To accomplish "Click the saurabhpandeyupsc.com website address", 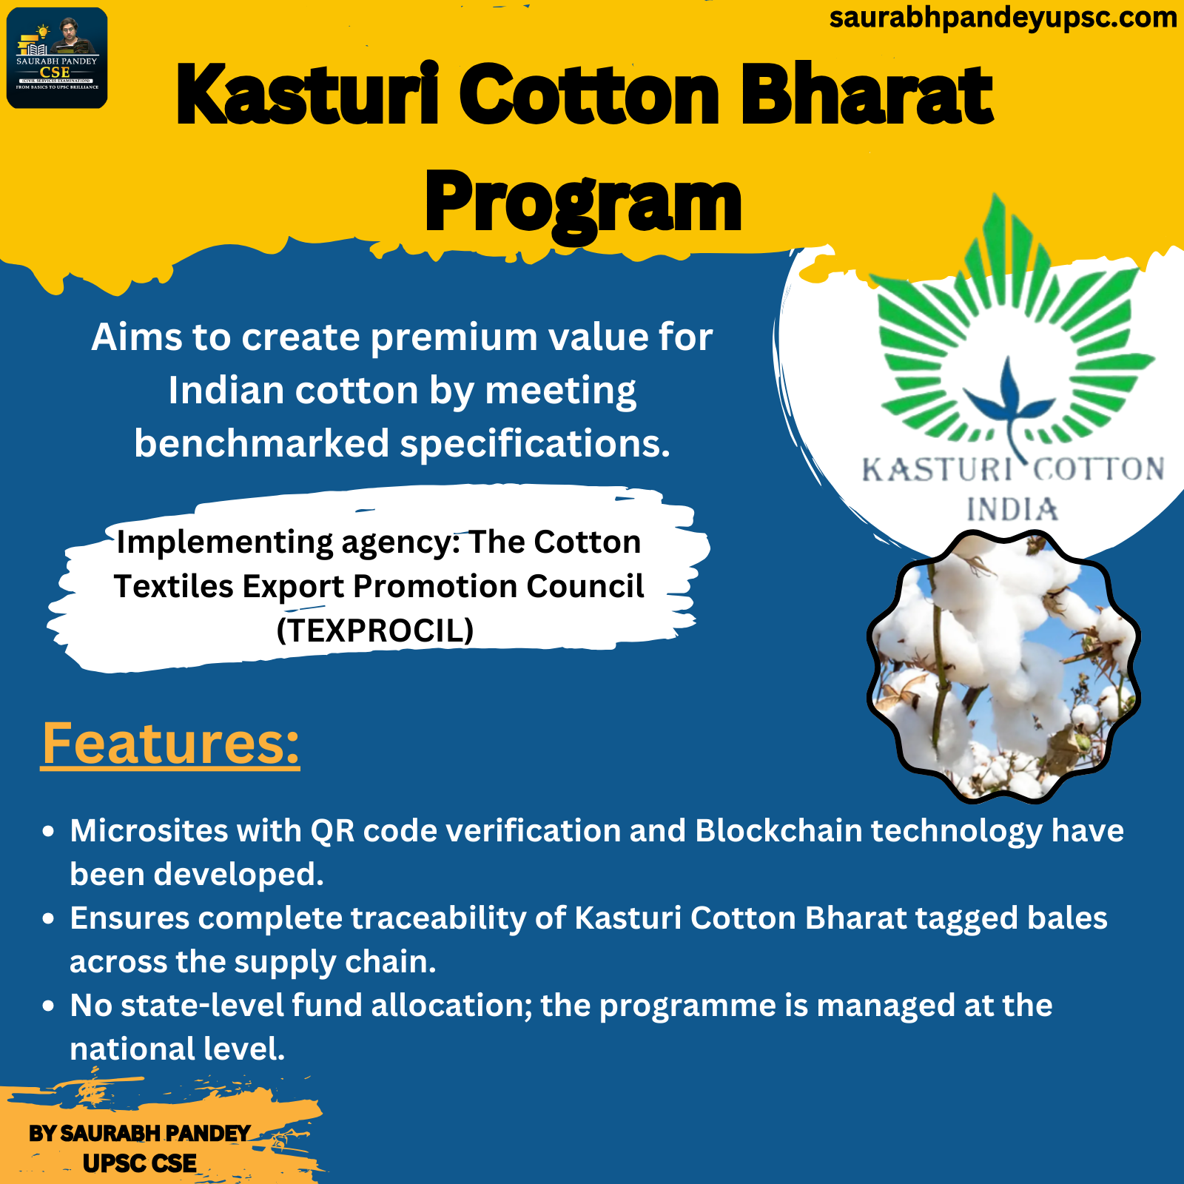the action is pyautogui.click(x=1003, y=18).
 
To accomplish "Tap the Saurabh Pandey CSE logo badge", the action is pyautogui.click(x=57, y=58).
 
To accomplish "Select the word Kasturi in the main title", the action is pyautogui.click(x=308, y=95).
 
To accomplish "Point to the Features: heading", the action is pyautogui.click(x=170, y=743).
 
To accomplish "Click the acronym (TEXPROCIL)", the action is pyautogui.click(x=375, y=630).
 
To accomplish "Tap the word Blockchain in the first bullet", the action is pyautogui.click(x=778, y=831).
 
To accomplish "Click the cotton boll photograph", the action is pyautogui.click(x=1003, y=667).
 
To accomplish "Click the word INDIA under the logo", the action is pyautogui.click(x=1012, y=510).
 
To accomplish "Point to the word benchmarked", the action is pyautogui.click(x=262, y=444).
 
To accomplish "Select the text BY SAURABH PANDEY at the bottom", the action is pyautogui.click(x=140, y=1134).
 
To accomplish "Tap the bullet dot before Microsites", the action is pyautogui.click(x=49, y=832).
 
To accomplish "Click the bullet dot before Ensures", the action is pyautogui.click(x=49, y=919).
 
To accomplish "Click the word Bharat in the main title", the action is pyautogui.click(x=867, y=95).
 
